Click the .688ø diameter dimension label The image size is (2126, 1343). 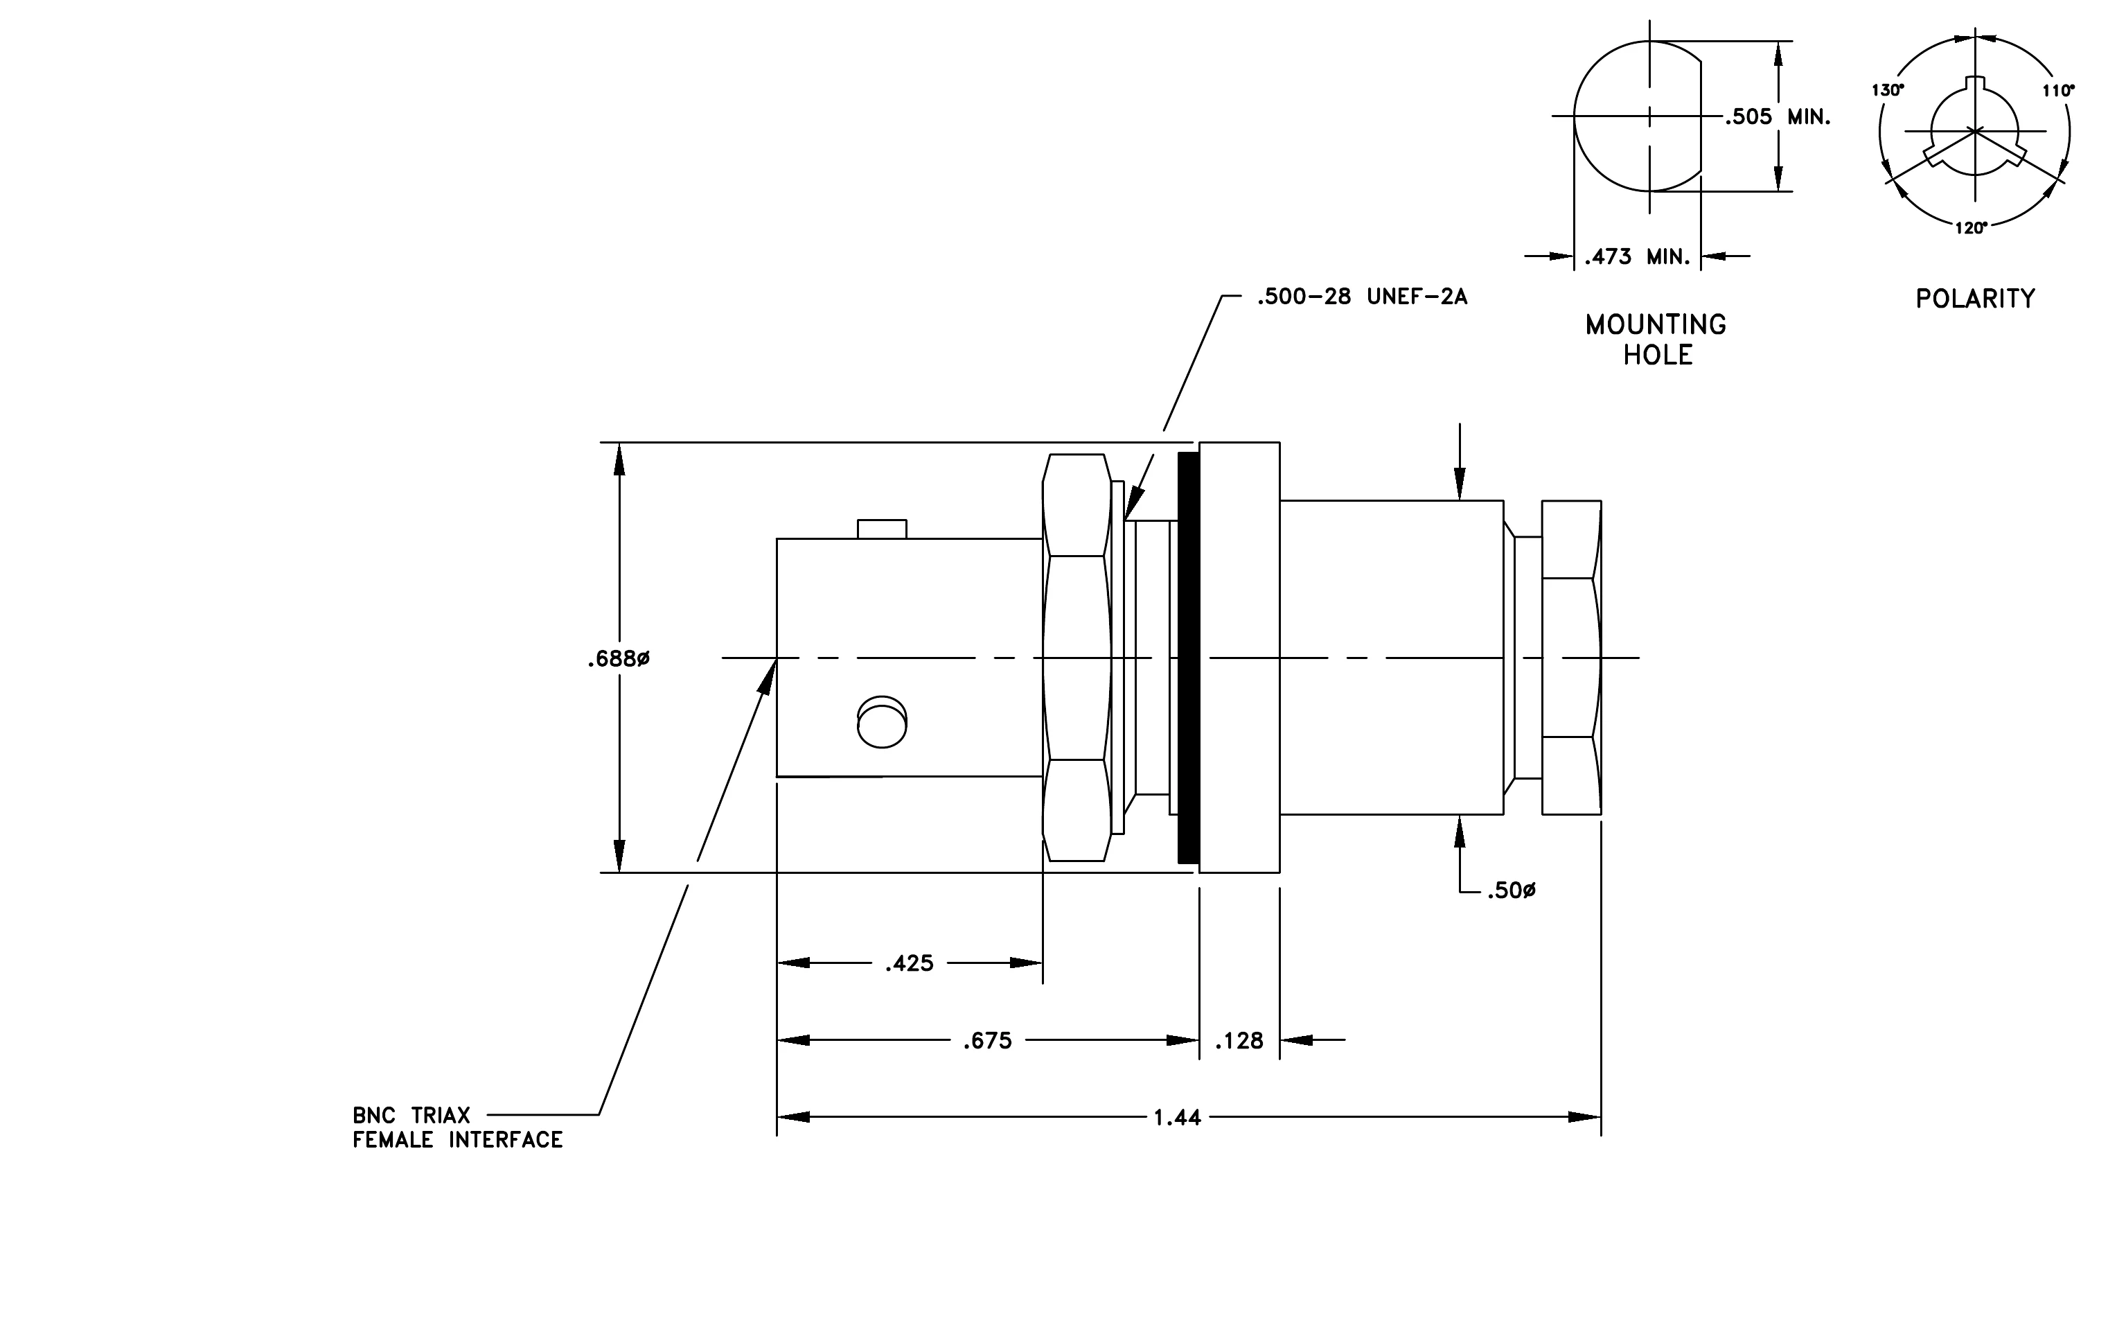(x=619, y=660)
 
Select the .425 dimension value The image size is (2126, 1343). (x=910, y=963)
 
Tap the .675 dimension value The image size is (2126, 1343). (x=987, y=1041)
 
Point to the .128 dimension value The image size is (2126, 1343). (x=1239, y=1041)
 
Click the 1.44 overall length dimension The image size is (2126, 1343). (x=1178, y=1118)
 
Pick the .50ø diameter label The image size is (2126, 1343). (x=1512, y=891)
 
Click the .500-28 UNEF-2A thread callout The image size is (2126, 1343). (x=1363, y=297)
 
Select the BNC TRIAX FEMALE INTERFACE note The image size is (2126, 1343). (x=457, y=1127)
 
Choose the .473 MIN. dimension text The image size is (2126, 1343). (x=1637, y=257)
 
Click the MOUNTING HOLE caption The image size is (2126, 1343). (x=1656, y=340)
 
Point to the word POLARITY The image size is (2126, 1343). (x=1975, y=299)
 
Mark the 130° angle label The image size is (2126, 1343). (x=1888, y=90)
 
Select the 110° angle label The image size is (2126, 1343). (x=2058, y=90)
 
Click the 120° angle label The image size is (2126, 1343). (x=1972, y=228)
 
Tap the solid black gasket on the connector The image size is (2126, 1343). (x=1188, y=658)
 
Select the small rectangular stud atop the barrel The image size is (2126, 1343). (x=882, y=529)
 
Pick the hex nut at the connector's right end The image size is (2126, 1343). (x=1572, y=658)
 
